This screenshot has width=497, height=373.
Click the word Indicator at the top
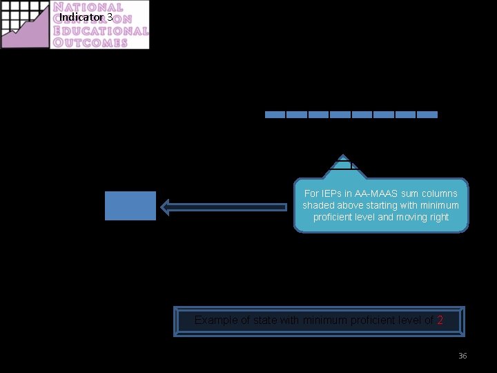pos(81,17)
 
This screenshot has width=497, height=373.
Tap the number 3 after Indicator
pos(110,17)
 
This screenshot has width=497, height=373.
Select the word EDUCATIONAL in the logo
pos(101,31)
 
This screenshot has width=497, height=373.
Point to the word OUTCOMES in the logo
pos(90,42)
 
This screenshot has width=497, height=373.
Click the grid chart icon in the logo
pos(25,25)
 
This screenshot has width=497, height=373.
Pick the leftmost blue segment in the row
pos(275,115)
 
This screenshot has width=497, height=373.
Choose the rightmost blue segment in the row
pos(427,115)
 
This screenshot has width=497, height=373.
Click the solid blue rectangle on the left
pos(130,206)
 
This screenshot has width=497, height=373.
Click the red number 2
pos(440,320)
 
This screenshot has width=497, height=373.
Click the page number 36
pos(462,356)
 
